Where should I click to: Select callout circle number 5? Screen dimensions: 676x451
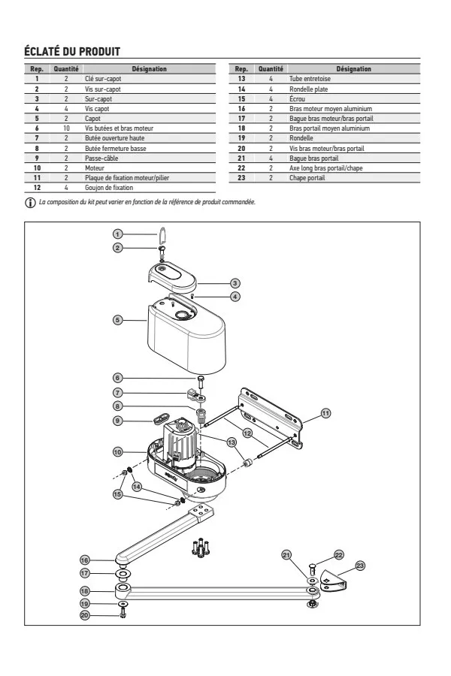point(117,319)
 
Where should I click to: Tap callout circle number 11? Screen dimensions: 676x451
point(325,412)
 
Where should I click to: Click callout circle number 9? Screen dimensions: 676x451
point(117,421)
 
